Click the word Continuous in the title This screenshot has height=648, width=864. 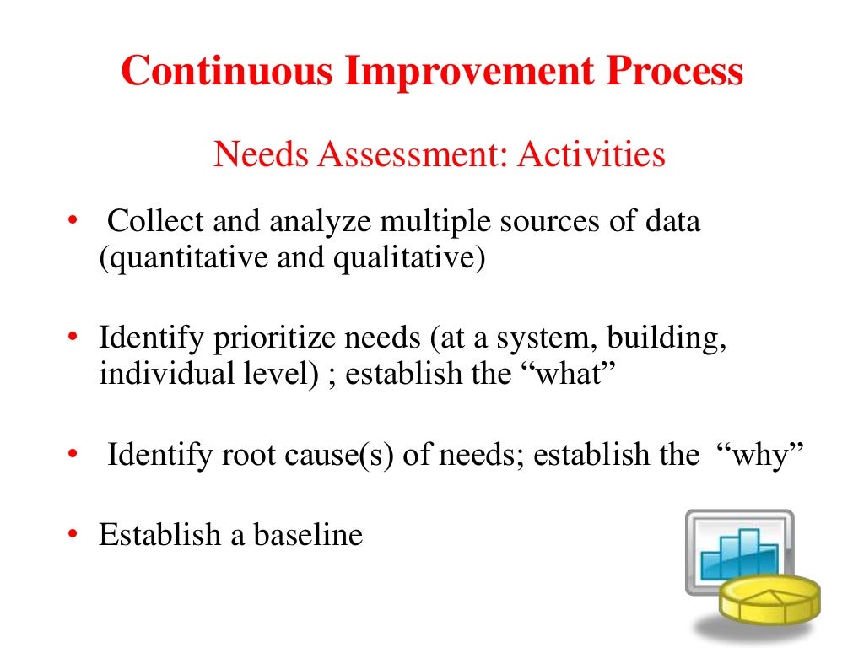(x=227, y=72)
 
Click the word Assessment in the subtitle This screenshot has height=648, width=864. (x=411, y=154)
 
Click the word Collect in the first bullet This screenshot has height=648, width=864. (x=156, y=222)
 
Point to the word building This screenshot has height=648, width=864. (x=669, y=339)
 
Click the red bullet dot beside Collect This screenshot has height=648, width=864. (x=73, y=222)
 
